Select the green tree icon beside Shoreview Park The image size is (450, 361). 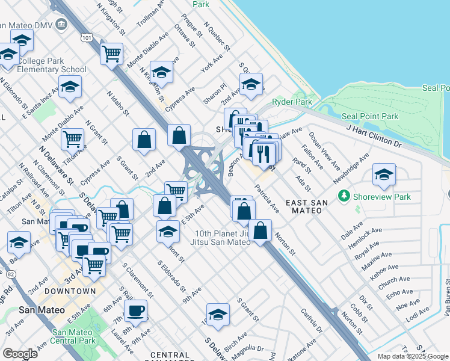(344, 196)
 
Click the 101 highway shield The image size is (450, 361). (87, 37)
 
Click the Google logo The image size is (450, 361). (20, 354)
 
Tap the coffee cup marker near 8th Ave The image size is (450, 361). (135, 310)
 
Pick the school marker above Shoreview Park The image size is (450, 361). (384, 174)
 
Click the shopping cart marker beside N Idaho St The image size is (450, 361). (111, 53)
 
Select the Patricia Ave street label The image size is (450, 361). (267, 199)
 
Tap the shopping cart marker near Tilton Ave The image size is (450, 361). (72, 138)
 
